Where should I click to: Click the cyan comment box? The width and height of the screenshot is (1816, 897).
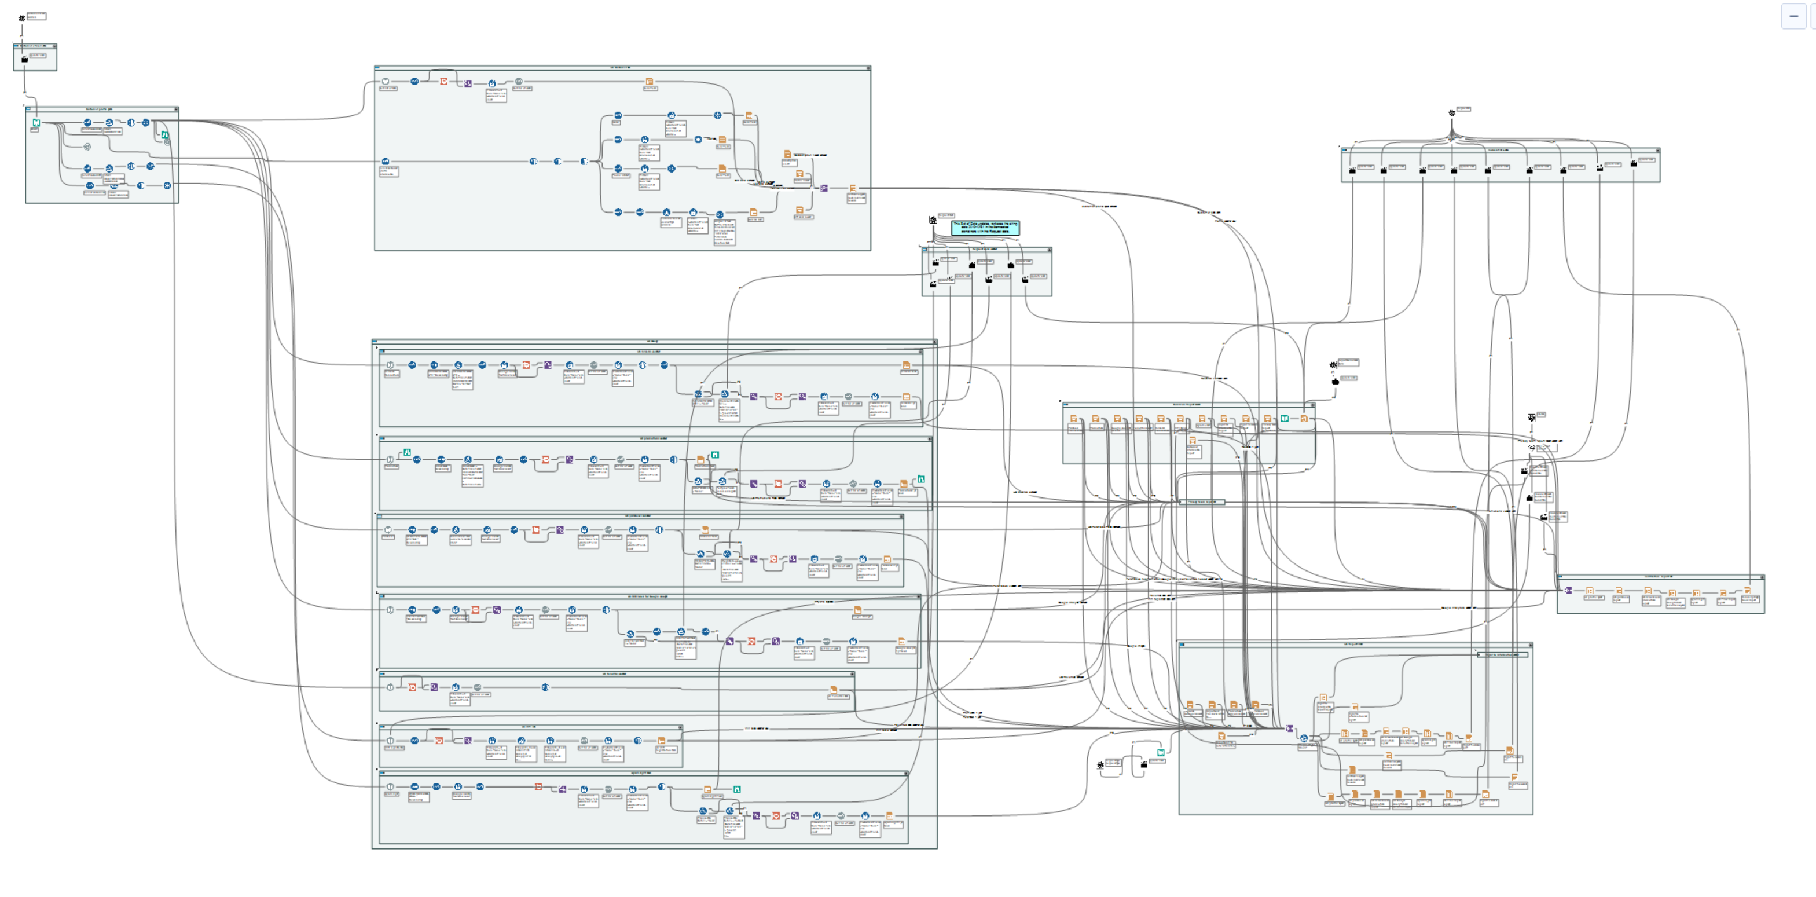(985, 227)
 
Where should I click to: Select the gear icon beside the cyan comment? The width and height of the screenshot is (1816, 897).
(933, 220)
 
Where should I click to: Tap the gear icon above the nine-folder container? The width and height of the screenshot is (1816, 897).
(1451, 113)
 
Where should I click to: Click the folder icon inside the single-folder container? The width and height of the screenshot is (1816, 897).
(25, 59)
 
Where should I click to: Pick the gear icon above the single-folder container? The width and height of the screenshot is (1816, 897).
(22, 17)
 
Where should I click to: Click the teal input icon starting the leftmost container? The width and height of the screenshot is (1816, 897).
(36, 123)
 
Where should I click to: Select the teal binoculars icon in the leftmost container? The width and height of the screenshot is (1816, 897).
(164, 134)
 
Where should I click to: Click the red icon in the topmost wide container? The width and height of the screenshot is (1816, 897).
(443, 82)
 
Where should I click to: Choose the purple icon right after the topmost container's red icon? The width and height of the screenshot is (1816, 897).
(467, 84)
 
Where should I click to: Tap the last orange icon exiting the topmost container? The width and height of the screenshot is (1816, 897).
(852, 188)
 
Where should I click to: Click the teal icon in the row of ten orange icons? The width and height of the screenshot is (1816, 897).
(1285, 418)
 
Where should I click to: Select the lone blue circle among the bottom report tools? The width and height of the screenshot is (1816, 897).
(1304, 738)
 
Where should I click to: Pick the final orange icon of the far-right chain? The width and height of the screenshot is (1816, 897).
(1748, 591)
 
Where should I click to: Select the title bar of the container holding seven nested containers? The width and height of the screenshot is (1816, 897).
(654, 341)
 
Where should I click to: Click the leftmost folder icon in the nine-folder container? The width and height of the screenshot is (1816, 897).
(1352, 170)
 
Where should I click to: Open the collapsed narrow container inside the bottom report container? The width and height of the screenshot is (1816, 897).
(1502, 654)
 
